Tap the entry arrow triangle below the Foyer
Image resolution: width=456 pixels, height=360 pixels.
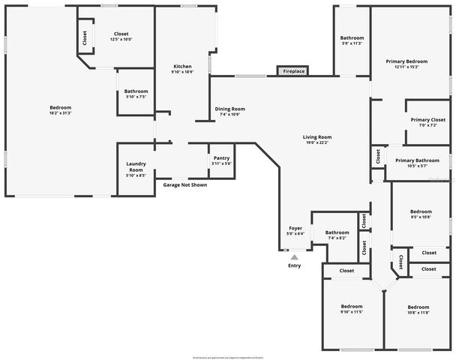(295, 256)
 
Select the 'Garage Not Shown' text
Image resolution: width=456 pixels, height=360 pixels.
(185, 184)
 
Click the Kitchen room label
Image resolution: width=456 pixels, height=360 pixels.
(182, 66)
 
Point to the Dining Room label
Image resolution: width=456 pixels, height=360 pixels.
(229, 109)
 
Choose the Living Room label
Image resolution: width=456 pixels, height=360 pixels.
(316, 137)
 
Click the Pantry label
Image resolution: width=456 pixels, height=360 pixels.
(221, 157)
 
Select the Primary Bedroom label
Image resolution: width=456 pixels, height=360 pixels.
(406, 61)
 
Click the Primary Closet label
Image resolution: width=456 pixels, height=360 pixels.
(427, 120)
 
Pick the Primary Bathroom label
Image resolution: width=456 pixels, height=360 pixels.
(417, 160)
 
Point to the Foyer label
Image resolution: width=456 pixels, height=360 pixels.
(295, 228)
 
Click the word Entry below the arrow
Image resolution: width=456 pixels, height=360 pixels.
(295, 266)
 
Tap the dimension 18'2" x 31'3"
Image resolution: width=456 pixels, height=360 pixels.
(60, 113)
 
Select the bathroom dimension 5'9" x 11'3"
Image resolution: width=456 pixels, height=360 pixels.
(352, 43)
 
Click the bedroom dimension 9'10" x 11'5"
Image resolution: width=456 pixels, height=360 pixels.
(352, 312)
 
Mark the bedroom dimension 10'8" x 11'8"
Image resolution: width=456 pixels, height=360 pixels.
(418, 312)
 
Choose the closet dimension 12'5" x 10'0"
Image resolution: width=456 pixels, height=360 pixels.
(121, 40)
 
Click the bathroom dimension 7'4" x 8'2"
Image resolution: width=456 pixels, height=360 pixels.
(337, 238)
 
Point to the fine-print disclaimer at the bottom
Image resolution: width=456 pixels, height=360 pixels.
(228, 356)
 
